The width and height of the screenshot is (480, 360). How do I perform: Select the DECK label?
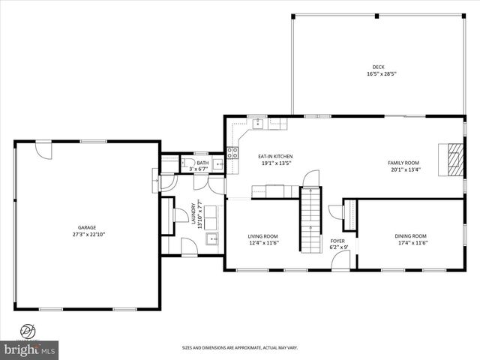coord(378,67)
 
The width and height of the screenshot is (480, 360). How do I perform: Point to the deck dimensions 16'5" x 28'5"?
coord(380,73)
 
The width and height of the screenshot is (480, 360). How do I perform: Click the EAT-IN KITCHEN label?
coord(275,156)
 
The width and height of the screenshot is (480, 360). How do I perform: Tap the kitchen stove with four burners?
coord(232,152)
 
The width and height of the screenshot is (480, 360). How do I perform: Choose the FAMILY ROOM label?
coord(403,163)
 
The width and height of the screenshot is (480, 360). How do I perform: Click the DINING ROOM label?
coord(410,236)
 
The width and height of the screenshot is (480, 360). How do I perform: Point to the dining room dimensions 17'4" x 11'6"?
coord(411,243)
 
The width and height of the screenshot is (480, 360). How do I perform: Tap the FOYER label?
coord(337,241)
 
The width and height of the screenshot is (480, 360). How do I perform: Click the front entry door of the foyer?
coord(341,261)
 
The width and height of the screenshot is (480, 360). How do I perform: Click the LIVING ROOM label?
coord(263,236)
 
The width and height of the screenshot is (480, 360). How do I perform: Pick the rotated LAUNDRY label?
coord(193,215)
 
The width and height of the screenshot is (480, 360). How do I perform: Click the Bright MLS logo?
coord(30,349)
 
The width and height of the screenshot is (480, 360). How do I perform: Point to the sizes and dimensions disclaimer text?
coord(240,348)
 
